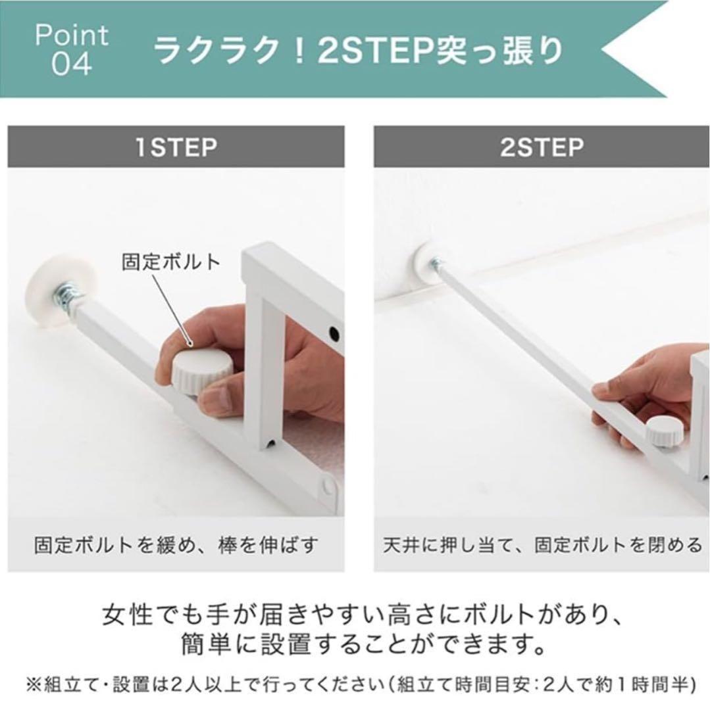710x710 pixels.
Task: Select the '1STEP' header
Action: coord(176,147)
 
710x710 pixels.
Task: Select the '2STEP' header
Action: coord(542,147)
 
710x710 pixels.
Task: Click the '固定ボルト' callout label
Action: coord(171,262)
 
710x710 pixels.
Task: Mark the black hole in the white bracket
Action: coord(334,333)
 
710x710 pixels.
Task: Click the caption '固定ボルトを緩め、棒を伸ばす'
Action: coord(176,545)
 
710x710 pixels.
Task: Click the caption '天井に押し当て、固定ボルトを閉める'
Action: coord(542,545)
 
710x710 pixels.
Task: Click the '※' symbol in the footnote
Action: coord(33,685)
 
